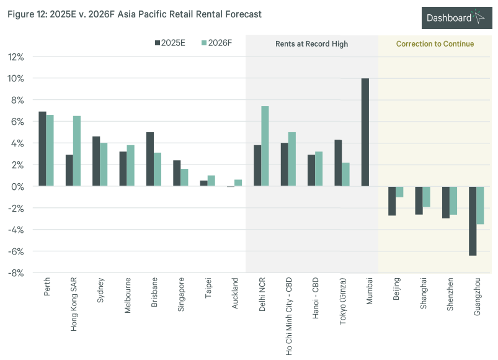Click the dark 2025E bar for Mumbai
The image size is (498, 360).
365,132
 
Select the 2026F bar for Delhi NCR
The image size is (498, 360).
265,146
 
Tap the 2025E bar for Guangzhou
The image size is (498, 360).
473,221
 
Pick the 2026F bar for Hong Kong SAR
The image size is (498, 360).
77,151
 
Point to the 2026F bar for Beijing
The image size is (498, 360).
399,192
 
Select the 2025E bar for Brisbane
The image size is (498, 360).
149,160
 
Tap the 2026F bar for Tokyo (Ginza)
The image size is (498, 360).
345,174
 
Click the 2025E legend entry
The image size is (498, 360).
171,43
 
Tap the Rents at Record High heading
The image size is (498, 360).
312,44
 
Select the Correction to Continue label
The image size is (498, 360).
435,44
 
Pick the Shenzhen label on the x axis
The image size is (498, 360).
450,296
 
